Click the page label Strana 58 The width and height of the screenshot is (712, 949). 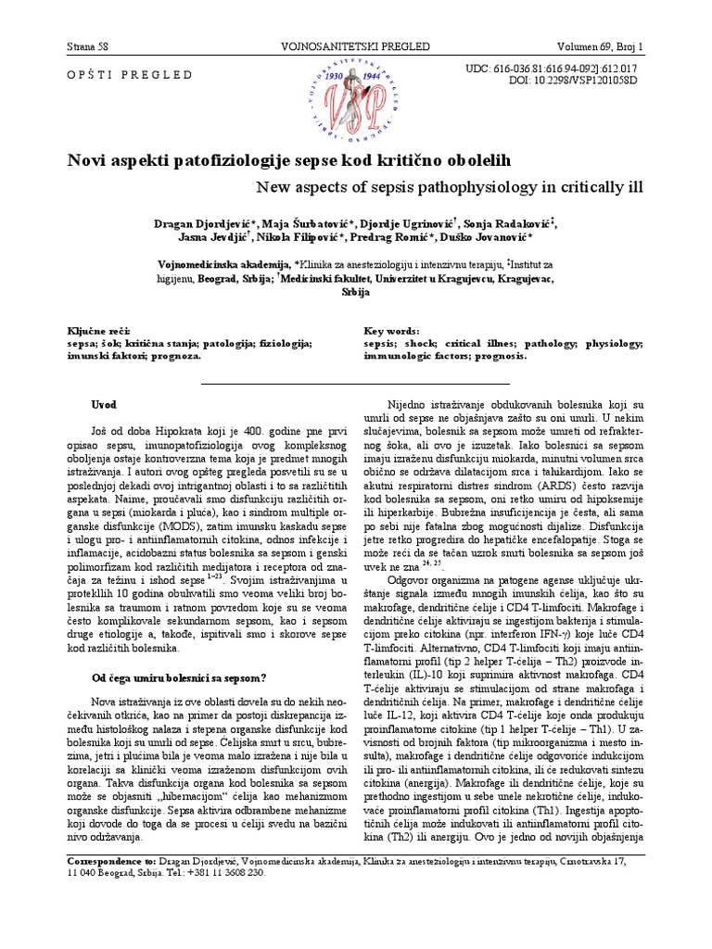(x=89, y=45)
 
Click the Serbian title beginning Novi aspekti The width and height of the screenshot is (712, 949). (x=288, y=160)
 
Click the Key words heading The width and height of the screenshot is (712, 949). (x=393, y=331)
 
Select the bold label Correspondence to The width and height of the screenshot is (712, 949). (x=112, y=861)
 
